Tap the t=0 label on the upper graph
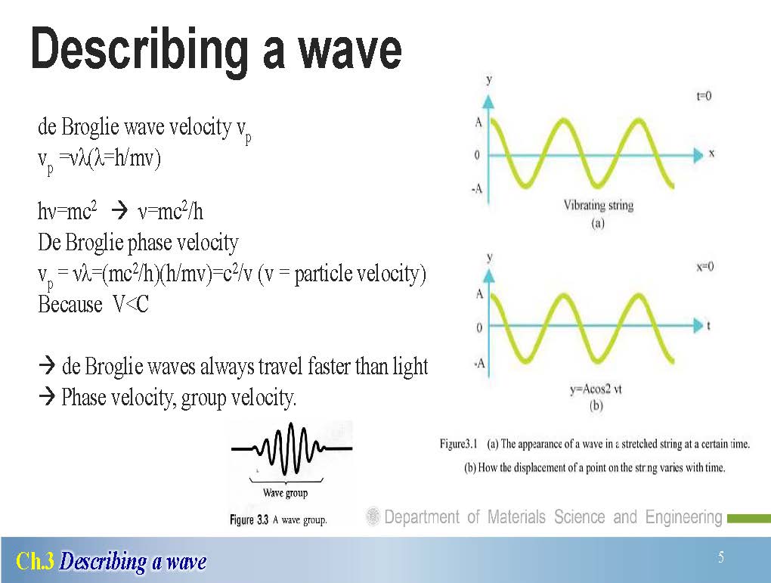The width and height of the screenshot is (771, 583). coord(704,96)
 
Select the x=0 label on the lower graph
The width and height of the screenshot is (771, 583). coord(704,267)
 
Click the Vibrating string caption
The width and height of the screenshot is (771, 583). coord(599,205)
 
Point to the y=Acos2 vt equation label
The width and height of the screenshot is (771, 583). coord(596,389)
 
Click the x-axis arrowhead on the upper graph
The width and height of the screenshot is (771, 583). coord(698,155)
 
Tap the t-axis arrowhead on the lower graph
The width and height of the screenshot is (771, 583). coord(698,325)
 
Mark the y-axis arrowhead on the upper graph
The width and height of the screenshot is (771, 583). coord(488,102)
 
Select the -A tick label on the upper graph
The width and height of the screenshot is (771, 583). coord(477,189)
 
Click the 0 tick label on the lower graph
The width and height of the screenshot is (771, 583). coord(479,327)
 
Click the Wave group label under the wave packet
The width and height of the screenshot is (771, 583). coord(285,493)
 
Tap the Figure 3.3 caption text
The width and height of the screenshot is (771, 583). coord(278,520)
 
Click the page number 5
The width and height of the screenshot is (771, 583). coord(721,557)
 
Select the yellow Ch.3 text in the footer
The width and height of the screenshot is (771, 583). coord(35,561)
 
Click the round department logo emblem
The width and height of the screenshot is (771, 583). coord(373,516)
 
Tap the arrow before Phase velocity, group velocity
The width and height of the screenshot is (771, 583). coord(47,396)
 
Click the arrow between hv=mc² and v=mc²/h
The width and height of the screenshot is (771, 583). coord(119,211)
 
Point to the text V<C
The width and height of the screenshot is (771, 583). coord(131,305)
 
